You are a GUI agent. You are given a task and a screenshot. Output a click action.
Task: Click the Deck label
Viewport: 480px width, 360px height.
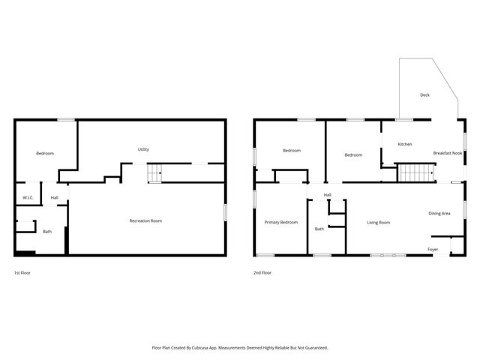pyautogui.click(x=424, y=95)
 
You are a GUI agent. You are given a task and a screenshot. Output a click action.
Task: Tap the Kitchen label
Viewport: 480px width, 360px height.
pyautogui.click(x=404, y=144)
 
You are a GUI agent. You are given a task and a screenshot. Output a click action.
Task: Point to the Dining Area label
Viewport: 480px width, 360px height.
pyautogui.click(x=439, y=214)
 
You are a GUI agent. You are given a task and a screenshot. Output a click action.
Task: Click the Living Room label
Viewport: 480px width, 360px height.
pyautogui.click(x=378, y=223)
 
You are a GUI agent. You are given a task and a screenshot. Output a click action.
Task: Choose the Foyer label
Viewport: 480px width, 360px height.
pyautogui.click(x=433, y=249)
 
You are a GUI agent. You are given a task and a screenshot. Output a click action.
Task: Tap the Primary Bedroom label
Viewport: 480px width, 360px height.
pyautogui.click(x=280, y=223)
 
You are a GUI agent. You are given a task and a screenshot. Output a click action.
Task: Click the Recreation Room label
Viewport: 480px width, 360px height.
pyautogui.click(x=145, y=220)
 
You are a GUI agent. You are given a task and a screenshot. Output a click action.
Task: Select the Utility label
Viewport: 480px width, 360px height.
pyautogui.click(x=142, y=149)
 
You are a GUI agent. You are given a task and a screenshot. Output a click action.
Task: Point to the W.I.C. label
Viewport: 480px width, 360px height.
pyautogui.click(x=28, y=198)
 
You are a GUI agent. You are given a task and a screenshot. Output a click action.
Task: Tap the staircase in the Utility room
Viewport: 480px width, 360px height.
pyautogui.click(x=154, y=173)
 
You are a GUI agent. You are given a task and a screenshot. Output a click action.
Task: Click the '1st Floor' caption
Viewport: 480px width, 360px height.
pyautogui.click(x=22, y=273)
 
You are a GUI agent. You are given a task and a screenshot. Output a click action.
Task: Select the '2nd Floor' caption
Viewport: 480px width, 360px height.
pyautogui.click(x=262, y=273)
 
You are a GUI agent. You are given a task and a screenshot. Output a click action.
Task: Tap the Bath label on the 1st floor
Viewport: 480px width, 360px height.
pyautogui.click(x=47, y=232)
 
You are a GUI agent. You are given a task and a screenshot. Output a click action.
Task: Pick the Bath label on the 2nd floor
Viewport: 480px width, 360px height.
pyautogui.click(x=319, y=229)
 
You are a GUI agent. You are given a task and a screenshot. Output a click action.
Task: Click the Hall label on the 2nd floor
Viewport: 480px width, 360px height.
pyautogui.click(x=328, y=195)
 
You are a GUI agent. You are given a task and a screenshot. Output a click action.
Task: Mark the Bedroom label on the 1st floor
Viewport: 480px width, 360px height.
pyautogui.click(x=45, y=154)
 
